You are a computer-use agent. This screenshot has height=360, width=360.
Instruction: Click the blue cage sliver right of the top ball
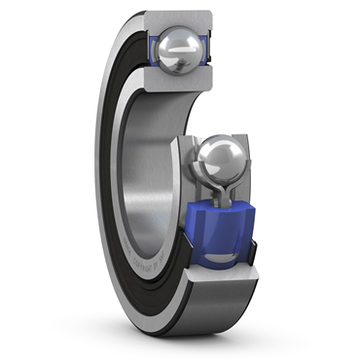coord(206,49)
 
